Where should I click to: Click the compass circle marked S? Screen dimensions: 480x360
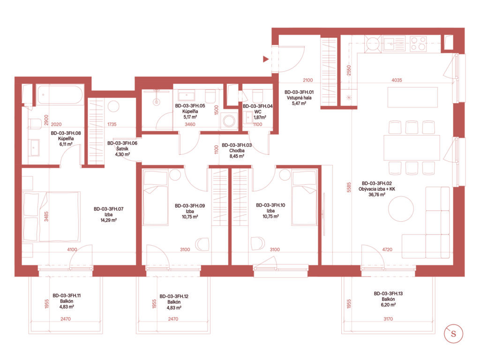tap(453, 334)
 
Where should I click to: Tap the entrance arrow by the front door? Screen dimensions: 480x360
tap(266, 59)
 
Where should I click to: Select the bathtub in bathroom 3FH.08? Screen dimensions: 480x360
tap(60, 95)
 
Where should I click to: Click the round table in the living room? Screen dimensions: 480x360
tap(401, 209)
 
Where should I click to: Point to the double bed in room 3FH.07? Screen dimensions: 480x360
tap(52, 217)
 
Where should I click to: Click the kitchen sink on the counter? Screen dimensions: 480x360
tap(394, 44)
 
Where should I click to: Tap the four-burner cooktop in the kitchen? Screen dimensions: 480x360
tap(418, 44)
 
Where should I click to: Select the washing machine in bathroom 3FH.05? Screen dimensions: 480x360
tap(229, 120)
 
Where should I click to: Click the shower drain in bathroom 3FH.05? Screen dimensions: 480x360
tap(157, 102)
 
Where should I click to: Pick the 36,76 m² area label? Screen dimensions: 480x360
tap(377, 195)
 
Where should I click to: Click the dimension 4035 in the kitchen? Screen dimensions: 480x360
tap(397, 80)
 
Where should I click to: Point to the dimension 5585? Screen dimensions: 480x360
tap(349, 187)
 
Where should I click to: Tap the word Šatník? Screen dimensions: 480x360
tap(122, 149)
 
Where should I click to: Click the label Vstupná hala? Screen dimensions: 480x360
tap(299, 98)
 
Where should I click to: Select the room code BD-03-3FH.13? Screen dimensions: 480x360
tap(388, 293)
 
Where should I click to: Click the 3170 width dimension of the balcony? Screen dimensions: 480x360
tap(388, 319)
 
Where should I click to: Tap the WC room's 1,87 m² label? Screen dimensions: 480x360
tap(260, 117)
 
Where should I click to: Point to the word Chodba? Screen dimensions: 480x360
tap(237, 150)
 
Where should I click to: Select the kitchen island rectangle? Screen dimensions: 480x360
tap(412, 97)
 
